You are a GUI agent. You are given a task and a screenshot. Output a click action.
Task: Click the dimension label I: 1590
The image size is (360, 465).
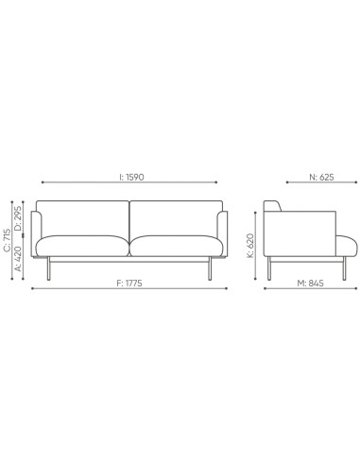130,177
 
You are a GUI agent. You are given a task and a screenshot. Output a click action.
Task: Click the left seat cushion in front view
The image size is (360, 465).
83,245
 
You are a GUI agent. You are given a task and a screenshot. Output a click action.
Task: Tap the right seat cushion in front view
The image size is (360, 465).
177,245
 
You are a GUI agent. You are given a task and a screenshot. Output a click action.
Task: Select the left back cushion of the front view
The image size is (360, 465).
83,217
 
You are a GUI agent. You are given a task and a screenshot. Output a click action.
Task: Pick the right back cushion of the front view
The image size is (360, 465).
176,217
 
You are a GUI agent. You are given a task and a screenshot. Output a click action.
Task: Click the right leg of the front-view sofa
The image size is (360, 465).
211,270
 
